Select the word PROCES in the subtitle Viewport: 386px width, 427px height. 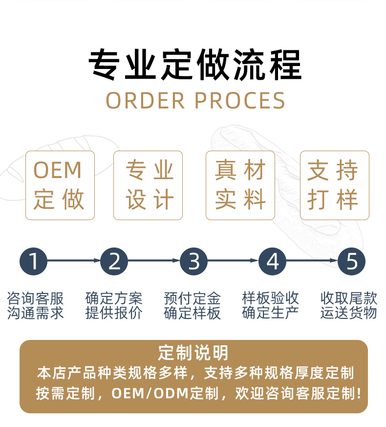(x=239, y=100)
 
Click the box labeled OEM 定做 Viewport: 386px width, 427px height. (x=60, y=185)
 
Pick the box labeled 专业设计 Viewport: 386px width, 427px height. (x=148, y=185)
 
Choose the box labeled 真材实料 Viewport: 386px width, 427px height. (x=240, y=185)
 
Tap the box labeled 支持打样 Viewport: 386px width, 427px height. (x=334, y=185)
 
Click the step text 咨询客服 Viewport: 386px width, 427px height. (x=36, y=297)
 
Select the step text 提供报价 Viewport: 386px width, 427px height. (x=114, y=313)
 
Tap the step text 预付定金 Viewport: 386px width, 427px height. (x=193, y=297)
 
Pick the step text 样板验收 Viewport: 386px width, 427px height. (x=271, y=297)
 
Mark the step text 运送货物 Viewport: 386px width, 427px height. (x=349, y=313)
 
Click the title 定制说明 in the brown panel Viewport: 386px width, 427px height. (x=193, y=352)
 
